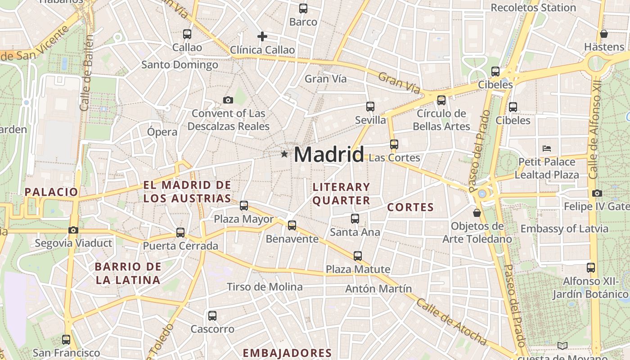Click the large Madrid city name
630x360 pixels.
coord(328,155)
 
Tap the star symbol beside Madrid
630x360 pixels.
coord(284,154)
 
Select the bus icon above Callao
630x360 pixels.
coord(187,34)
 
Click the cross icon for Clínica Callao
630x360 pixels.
coord(262,36)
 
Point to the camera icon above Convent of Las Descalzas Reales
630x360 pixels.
coord(228,100)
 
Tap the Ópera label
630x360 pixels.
coord(162,132)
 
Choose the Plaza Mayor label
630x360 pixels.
coord(243,219)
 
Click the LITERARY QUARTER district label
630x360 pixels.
coord(341,193)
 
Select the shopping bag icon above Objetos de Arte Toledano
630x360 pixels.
coord(477,212)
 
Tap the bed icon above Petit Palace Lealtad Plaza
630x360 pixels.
coord(547,148)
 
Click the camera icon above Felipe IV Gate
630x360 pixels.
coord(597,193)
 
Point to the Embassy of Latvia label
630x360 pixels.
coord(564,229)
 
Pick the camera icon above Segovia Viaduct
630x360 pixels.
coord(73,230)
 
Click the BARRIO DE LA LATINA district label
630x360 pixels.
coord(128,273)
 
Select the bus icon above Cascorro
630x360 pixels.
coord(212,316)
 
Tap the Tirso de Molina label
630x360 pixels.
coord(265,287)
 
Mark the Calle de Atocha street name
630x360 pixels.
coord(451,322)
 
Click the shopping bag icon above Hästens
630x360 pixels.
coord(604,34)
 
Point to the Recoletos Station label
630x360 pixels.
coord(533,8)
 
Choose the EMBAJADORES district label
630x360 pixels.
coord(287,353)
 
